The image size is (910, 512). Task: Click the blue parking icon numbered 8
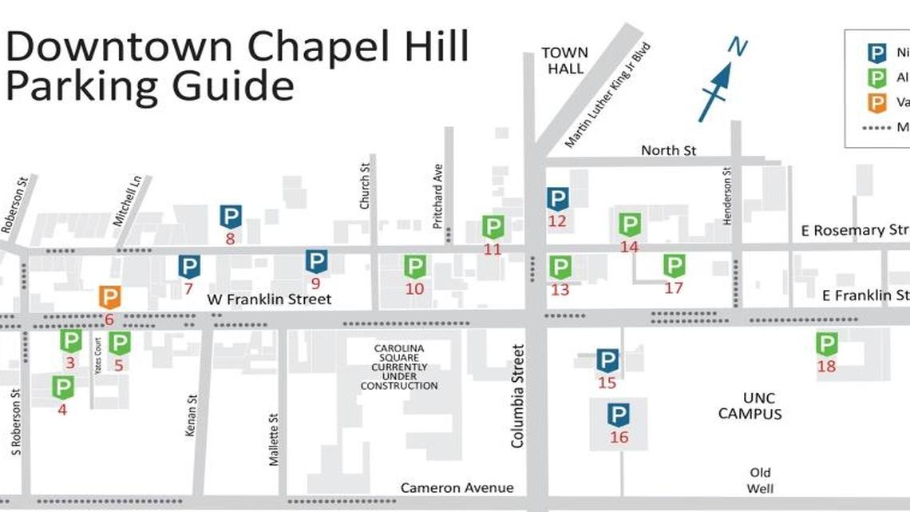point(231,216)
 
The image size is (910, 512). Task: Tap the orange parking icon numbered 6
point(109,298)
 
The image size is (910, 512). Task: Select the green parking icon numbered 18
point(826,345)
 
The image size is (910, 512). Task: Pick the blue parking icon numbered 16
point(619,415)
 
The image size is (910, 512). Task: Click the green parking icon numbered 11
point(493,228)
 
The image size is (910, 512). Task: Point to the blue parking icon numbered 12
point(557,199)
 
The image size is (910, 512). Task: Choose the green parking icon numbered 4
point(62,388)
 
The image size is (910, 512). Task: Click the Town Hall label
point(564,61)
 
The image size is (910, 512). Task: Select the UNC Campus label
point(750,406)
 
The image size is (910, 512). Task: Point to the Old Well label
point(760,480)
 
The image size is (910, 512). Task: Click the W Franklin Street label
point(269,300)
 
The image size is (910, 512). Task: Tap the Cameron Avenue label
point(457,488)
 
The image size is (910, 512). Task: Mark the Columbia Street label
point(518,395)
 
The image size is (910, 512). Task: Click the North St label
point(669,150)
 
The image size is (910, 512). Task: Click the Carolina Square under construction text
point(398,367)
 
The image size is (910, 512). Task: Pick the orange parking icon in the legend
point(877,102)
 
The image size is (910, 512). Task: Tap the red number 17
point(674,288)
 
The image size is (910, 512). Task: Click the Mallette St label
point(274,439)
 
